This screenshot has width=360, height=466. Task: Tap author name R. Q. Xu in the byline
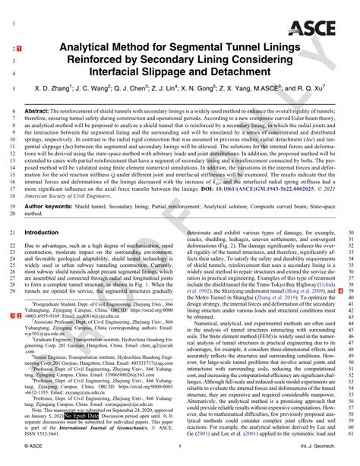[x=321, y=90]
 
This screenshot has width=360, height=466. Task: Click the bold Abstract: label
[x=39, y=110]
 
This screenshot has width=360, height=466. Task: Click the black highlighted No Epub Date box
[x=81, y=417]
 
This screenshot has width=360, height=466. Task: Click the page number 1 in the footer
[x=178, y=458]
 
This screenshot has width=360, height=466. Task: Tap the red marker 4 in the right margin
[x=339, y=290]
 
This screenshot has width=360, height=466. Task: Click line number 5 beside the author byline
[x=15, y=90]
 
